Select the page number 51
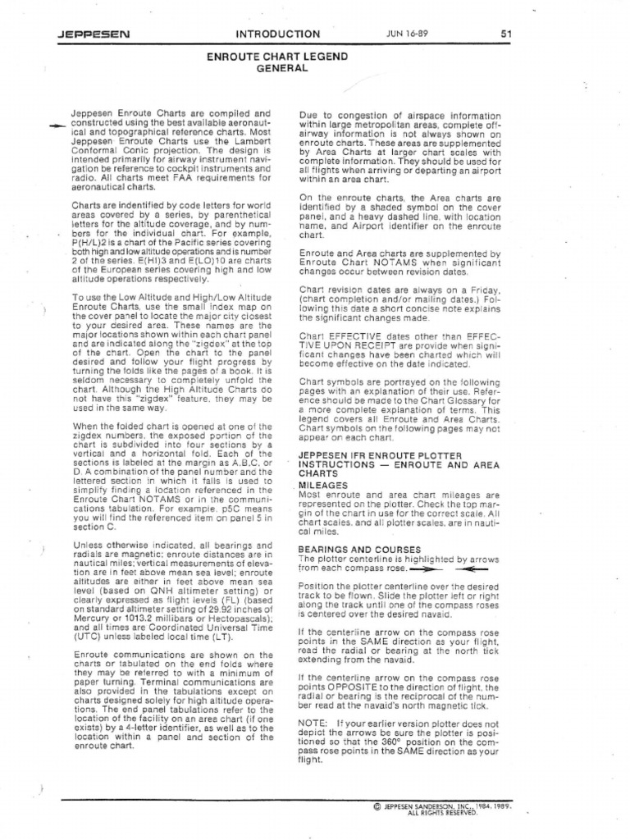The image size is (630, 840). (x=506, y=34)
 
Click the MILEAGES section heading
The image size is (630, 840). (x=323, y=485)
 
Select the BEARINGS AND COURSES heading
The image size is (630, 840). (x=359, y=549)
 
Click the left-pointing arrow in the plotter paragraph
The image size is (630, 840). (x=465, y=567)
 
